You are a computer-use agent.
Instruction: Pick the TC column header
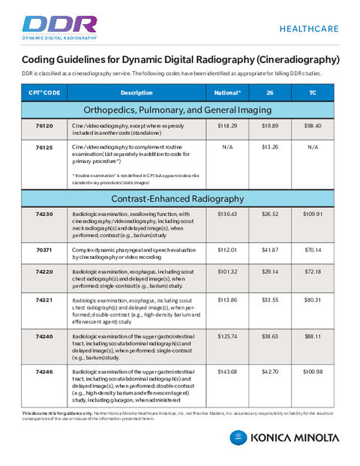click(x=313, y=92)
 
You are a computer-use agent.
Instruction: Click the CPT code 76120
click(x=44, y=126)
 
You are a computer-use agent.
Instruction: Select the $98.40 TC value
click(x=313, y=126)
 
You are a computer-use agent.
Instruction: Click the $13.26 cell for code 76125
click(x=270, y=148)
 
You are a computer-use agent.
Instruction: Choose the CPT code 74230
click(x=44, y=215)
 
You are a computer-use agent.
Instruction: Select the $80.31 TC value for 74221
click(x=313, y=299)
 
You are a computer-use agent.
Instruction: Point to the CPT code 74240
click(x=44, y=335)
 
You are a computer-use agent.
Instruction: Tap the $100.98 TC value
click(x=313, y=372)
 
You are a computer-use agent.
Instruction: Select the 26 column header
click(x=270, y=92)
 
